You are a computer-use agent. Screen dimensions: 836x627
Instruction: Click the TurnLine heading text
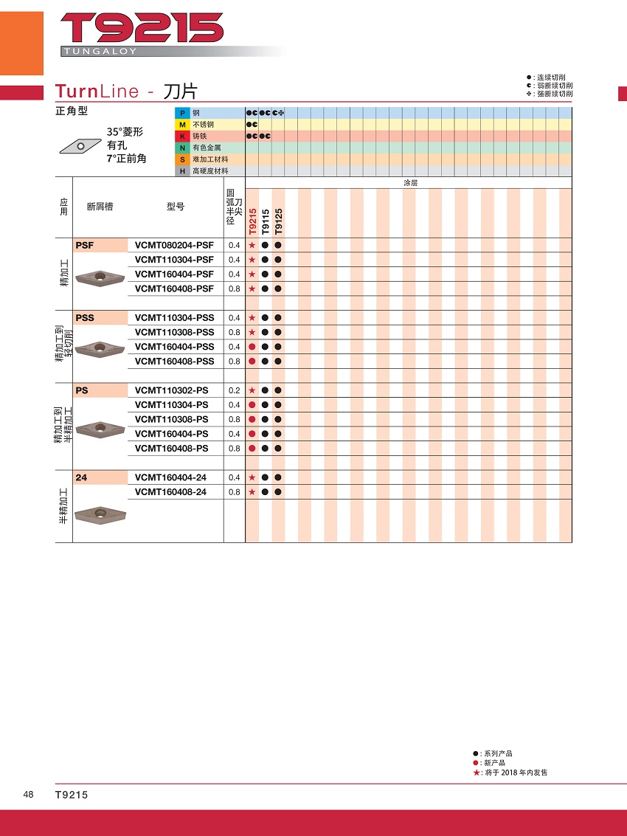pos(97,91)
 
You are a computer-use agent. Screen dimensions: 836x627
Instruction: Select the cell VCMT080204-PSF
pos(174,245)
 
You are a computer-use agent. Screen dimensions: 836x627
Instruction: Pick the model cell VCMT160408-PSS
pos(174,362)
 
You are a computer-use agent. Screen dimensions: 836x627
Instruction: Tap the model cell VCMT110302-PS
pos(171,390)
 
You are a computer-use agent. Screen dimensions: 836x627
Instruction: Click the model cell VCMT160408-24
pos(170,492)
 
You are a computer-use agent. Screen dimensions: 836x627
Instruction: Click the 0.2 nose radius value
pos(234,390)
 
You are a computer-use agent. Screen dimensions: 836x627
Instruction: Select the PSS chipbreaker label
pos(85,318)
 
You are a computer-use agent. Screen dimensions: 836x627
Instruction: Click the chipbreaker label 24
pos(81,478)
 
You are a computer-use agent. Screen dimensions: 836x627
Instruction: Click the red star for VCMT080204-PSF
pos(252,245)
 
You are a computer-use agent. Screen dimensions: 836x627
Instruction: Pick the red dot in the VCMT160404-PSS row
pos(252,347)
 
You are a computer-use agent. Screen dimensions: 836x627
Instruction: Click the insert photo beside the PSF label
pos(100,276)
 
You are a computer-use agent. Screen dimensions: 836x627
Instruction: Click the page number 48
pos(28,795)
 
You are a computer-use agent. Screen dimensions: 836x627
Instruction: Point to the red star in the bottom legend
pos(477,773)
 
